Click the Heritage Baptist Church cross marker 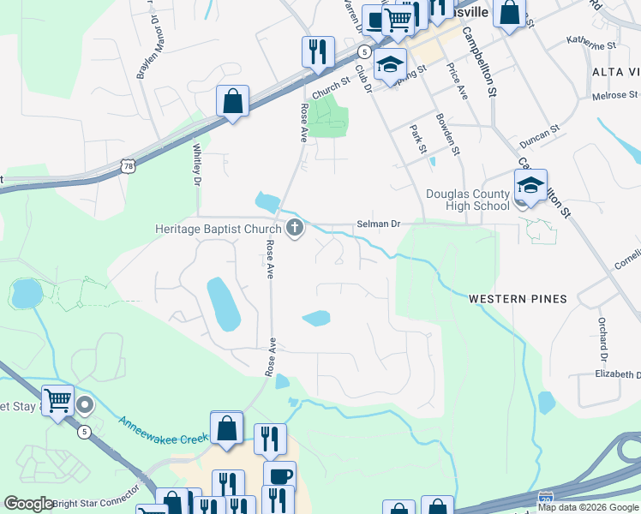point(295,228)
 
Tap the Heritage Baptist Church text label point(218,230)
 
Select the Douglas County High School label point(468,200)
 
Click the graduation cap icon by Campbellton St point(530,185)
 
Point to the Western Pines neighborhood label point(518,299)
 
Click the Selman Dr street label point(379,224)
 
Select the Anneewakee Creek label point(162,426)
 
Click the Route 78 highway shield point(128,164)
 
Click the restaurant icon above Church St point(317,51)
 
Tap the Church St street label point(332,88)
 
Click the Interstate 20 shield point(546,498)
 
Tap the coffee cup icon point(280,475)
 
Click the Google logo point(29,505)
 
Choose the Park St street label point(418,139)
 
